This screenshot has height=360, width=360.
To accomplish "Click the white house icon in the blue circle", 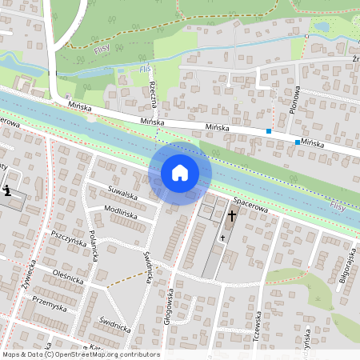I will [180, 172].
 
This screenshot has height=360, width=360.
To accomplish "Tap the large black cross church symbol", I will [232, 216].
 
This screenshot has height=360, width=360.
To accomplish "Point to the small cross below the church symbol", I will [222, 238].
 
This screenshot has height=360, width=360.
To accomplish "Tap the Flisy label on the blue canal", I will [338, 208].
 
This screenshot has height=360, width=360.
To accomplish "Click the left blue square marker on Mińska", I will [269, 130].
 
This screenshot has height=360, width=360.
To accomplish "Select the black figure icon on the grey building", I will [8, 191].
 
